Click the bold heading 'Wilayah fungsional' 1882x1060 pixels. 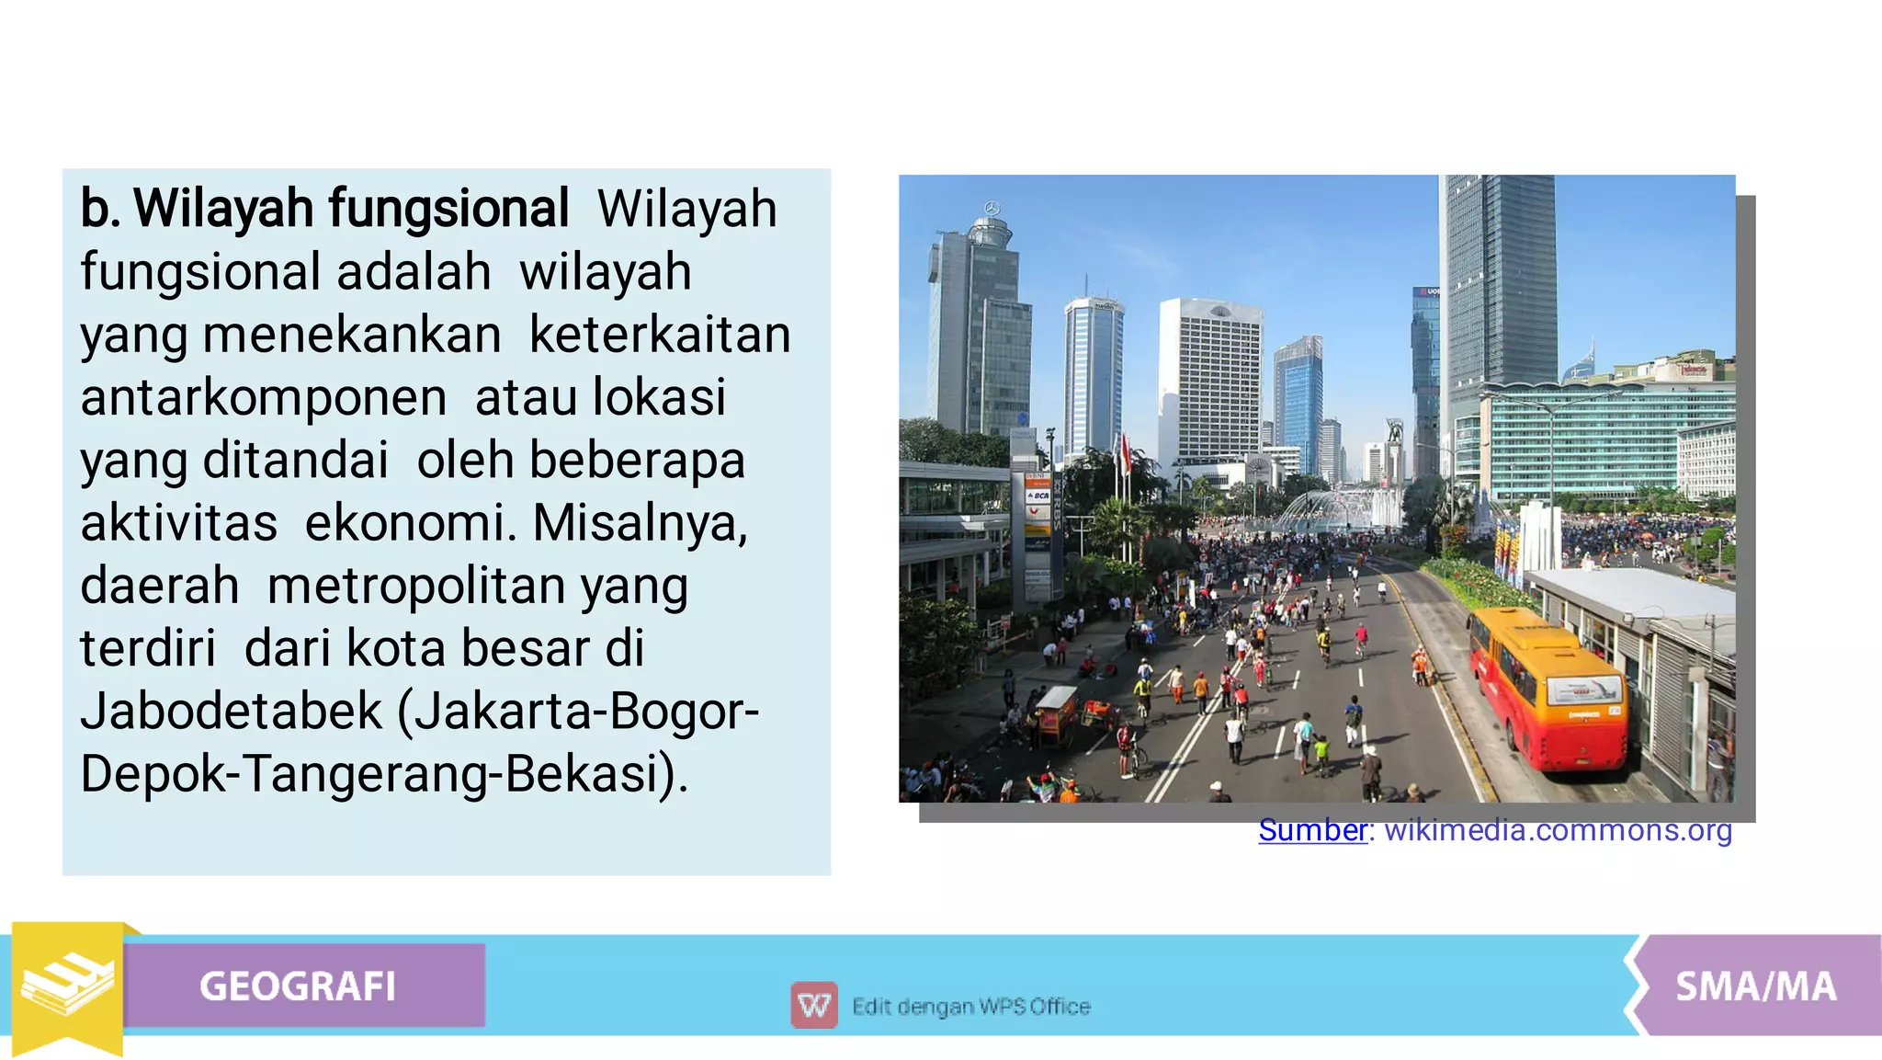[351, 209]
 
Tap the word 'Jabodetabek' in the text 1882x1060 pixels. [231, 711]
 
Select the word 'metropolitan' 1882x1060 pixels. [415, 586]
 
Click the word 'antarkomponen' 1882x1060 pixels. [264, 397]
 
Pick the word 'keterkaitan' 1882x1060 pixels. [659, 335]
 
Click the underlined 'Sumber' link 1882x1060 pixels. [1312, 830]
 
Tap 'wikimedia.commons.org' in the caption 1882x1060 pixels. [1558, 830]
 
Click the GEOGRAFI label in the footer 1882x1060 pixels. [297, 986]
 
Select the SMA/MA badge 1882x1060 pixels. [1755, 986]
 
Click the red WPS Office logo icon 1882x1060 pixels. [814, 1006]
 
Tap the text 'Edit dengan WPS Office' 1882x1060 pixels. [970, 1007]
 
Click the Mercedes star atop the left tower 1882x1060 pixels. [992, 208]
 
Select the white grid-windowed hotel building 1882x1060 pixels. [1209, 382]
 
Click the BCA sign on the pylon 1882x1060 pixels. [1037, 496]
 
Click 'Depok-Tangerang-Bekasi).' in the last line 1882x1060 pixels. [384, 774]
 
